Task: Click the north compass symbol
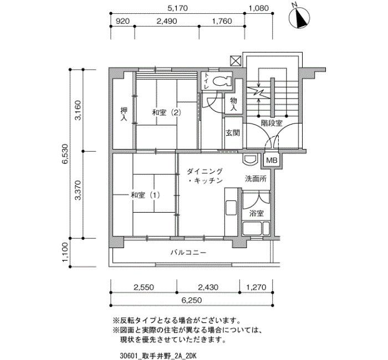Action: pos(299,18)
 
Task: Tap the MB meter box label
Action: pos(272,161)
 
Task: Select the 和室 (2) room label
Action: pos(166,113)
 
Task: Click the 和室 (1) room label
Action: pos(145,195)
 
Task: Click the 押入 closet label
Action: pos(124,114)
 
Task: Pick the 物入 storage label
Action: pos(233,104)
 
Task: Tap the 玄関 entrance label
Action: pos(233,133)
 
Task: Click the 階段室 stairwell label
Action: pos(272,123)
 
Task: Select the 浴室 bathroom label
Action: pos(256,213)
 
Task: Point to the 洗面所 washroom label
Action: pos(256,178)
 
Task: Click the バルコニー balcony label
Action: pos(188,253)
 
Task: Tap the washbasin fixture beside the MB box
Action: pos(249,160)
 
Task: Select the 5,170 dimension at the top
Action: pos(177,8)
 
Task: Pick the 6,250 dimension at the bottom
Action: pos(191,300)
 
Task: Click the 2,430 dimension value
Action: pos(208,287)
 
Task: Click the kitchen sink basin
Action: pos(231,208)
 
